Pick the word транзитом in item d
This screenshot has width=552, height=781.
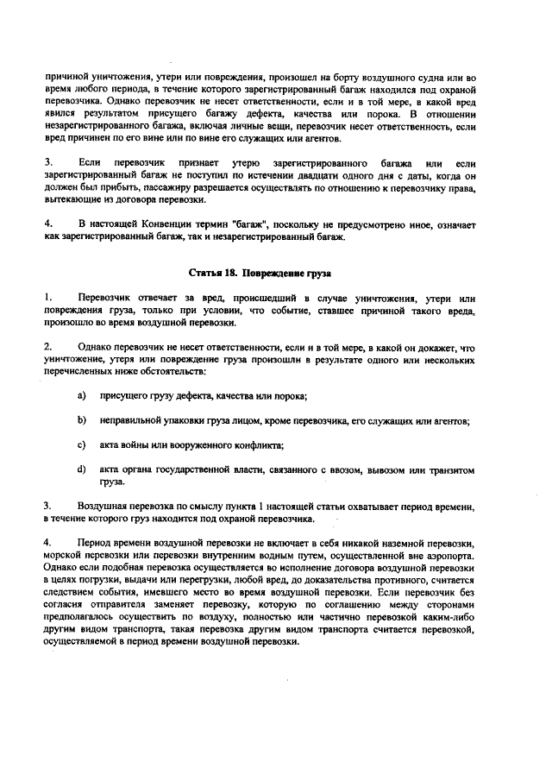click(450, 470)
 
